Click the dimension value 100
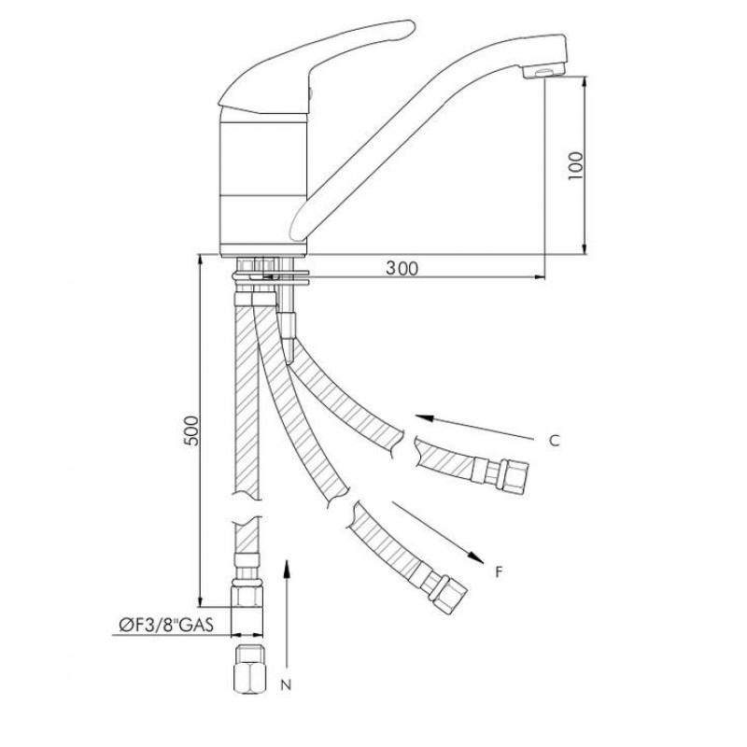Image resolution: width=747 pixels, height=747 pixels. click(575, 165)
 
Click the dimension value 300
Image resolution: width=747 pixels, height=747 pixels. click(402, 269)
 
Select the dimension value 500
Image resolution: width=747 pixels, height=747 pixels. click(191, 430)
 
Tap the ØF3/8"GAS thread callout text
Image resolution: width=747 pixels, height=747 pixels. click(166, 624)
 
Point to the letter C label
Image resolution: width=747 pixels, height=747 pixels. click(554, 441)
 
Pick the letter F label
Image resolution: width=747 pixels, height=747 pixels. click(499, 571)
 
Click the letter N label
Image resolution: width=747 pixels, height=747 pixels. click(286, 685)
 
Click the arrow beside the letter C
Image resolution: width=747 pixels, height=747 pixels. click(474, 428)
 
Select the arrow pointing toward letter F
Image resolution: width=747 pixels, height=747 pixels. click(438, 532)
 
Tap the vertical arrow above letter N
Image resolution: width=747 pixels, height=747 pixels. click(287, 613)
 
